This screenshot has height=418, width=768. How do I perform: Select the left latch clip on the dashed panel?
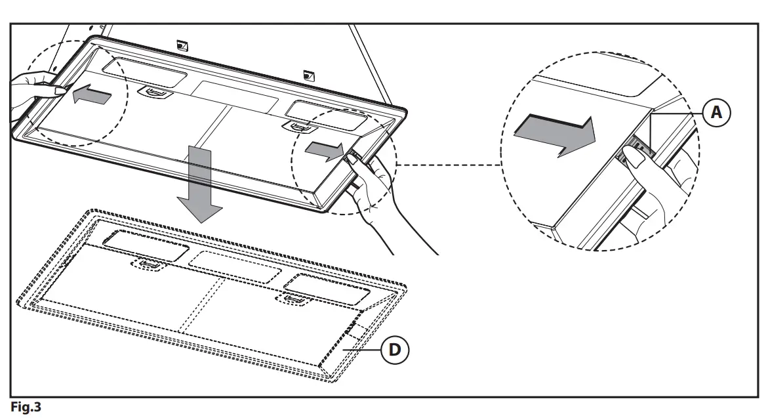(148, 264)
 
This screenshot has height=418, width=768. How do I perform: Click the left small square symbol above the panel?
(183, 45)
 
